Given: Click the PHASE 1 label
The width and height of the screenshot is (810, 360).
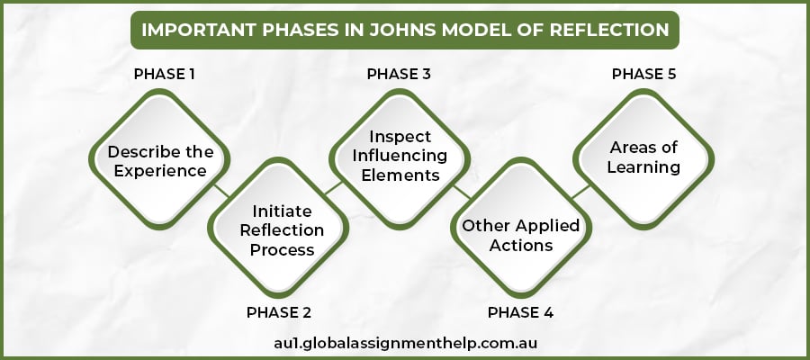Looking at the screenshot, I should click(165, 74).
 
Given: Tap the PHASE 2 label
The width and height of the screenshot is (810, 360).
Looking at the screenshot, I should click(279, 313).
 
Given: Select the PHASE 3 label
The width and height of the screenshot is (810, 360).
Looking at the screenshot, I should click(399, 74).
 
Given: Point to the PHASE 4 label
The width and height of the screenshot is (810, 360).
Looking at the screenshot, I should click(520, 313).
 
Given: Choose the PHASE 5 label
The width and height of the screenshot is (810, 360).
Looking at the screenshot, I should click(643, 74).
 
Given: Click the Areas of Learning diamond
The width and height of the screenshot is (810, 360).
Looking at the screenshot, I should click(643, 157).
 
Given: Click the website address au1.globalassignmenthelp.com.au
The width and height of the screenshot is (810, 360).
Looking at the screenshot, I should click(405, 343).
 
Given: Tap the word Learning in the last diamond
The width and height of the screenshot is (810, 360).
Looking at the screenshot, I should click(643, 167).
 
